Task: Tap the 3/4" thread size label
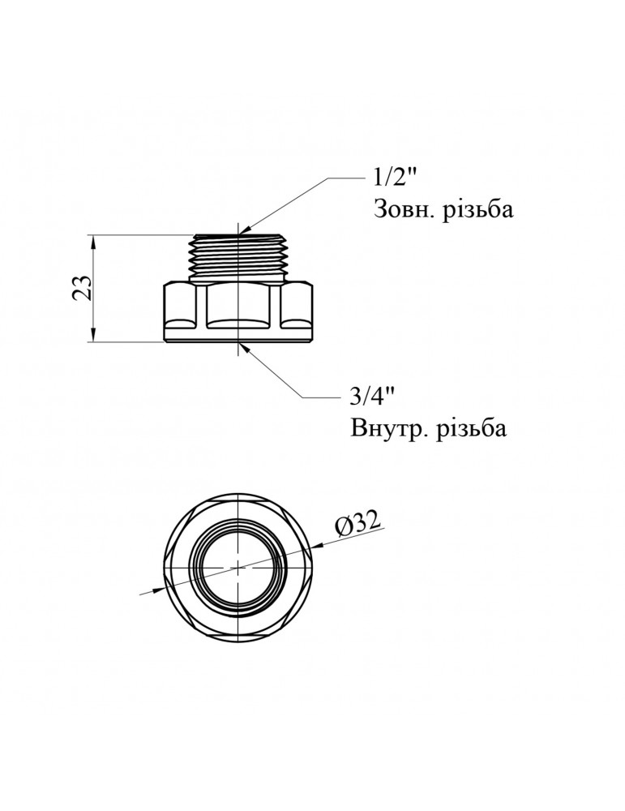click(x=371, y=398)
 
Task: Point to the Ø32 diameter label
click(x=357, y=524)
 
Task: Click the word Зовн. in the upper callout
click(x=403, y=210)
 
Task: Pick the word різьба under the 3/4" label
click(x=469, y=428)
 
